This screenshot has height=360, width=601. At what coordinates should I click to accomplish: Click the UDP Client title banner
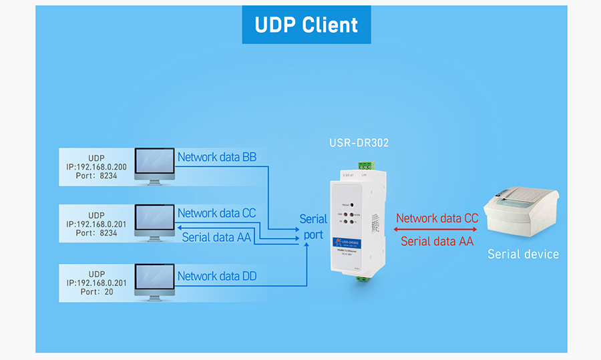click(307, 25)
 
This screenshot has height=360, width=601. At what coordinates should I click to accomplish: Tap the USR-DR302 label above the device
click(359, 143)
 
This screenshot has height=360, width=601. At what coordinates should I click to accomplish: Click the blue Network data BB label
click(217, 158)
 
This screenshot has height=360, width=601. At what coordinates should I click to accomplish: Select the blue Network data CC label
click(217, 213)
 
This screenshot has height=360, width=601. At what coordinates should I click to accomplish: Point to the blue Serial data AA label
click(217, 236)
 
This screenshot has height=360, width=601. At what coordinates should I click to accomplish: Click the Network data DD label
click(217, 276)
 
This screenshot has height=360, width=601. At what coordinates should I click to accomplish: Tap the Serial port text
click(313, 226)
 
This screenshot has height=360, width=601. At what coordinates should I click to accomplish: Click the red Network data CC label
click(437, 218)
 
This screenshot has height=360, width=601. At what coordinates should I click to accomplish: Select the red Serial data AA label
click(437, 241)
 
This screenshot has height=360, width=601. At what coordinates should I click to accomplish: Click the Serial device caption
click(523, 254)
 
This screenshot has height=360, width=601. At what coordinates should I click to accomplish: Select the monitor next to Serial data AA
click(154, 222)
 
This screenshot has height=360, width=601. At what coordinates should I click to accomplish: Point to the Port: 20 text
click(96, 291)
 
